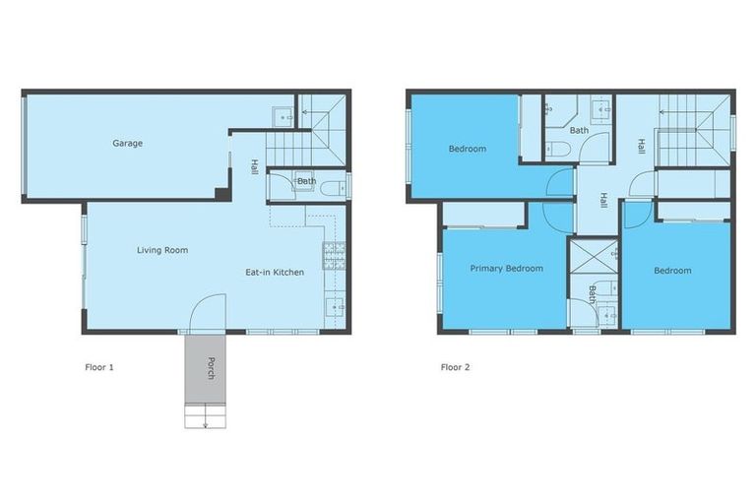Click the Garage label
tap(127, 144)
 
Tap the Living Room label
tap(161, 250)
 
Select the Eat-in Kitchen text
tap(275, 272)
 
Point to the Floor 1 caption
tap(99, 367)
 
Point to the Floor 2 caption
tap(456, 367)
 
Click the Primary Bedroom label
tap(506, 268)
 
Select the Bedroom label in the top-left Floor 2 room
tap(468, 149)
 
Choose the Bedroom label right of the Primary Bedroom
tap(672, 271)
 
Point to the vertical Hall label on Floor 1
tap(253, 166)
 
